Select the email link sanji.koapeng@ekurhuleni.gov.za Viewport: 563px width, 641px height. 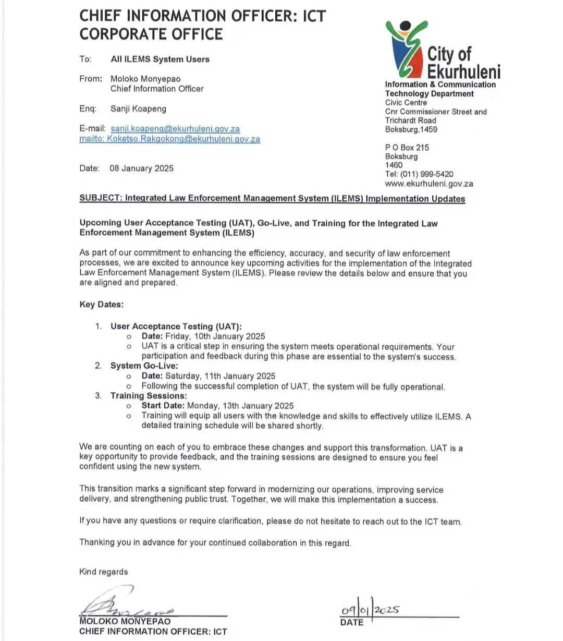(175, 129)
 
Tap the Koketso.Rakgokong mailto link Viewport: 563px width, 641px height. (169, 139)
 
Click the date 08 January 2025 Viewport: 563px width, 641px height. (141, 168)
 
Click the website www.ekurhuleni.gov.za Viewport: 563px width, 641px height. (429, 184)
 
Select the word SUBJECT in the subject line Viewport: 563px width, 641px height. (101, 198)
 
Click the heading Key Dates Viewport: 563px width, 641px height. (102, 305)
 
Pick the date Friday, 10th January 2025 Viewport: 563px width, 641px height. (215, 336)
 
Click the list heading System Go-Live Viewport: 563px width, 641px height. (144, 366)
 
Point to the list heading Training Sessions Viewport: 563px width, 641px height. (148, 396)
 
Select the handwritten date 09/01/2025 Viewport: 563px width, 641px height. (370, 610)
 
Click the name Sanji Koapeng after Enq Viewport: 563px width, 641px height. (138, 109)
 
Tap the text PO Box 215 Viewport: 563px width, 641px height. (407, 148)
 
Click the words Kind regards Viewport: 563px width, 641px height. (103, 572)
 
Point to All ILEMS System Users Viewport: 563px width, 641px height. (160, 59)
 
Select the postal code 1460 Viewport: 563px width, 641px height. (394, 165)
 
